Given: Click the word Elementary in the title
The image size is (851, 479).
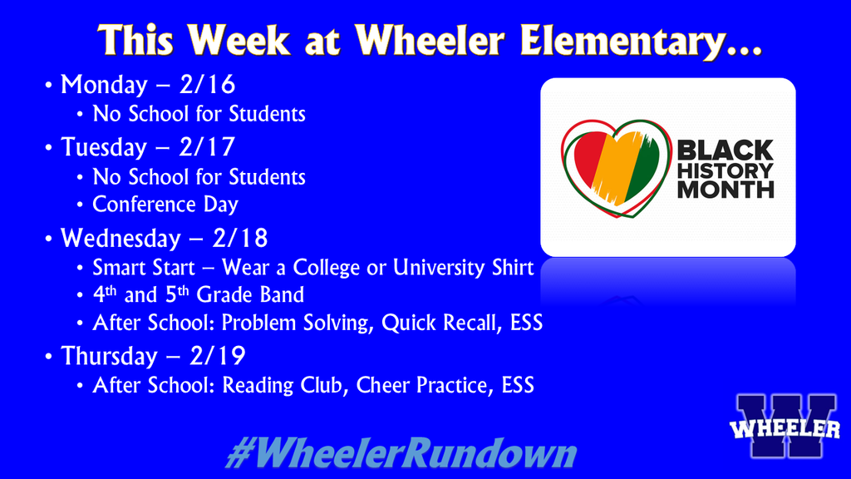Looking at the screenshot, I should (x=641, y=42).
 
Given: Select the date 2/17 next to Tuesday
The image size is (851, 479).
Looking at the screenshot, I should (x=208, y=147).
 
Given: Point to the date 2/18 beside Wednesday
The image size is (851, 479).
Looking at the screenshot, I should (x=240, y=239).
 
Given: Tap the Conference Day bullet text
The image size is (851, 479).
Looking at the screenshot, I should (x=165, y=204).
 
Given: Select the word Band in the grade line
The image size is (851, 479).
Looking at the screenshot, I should (x=281, y=295).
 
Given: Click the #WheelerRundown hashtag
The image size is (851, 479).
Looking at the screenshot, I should (x=401, y=454).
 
